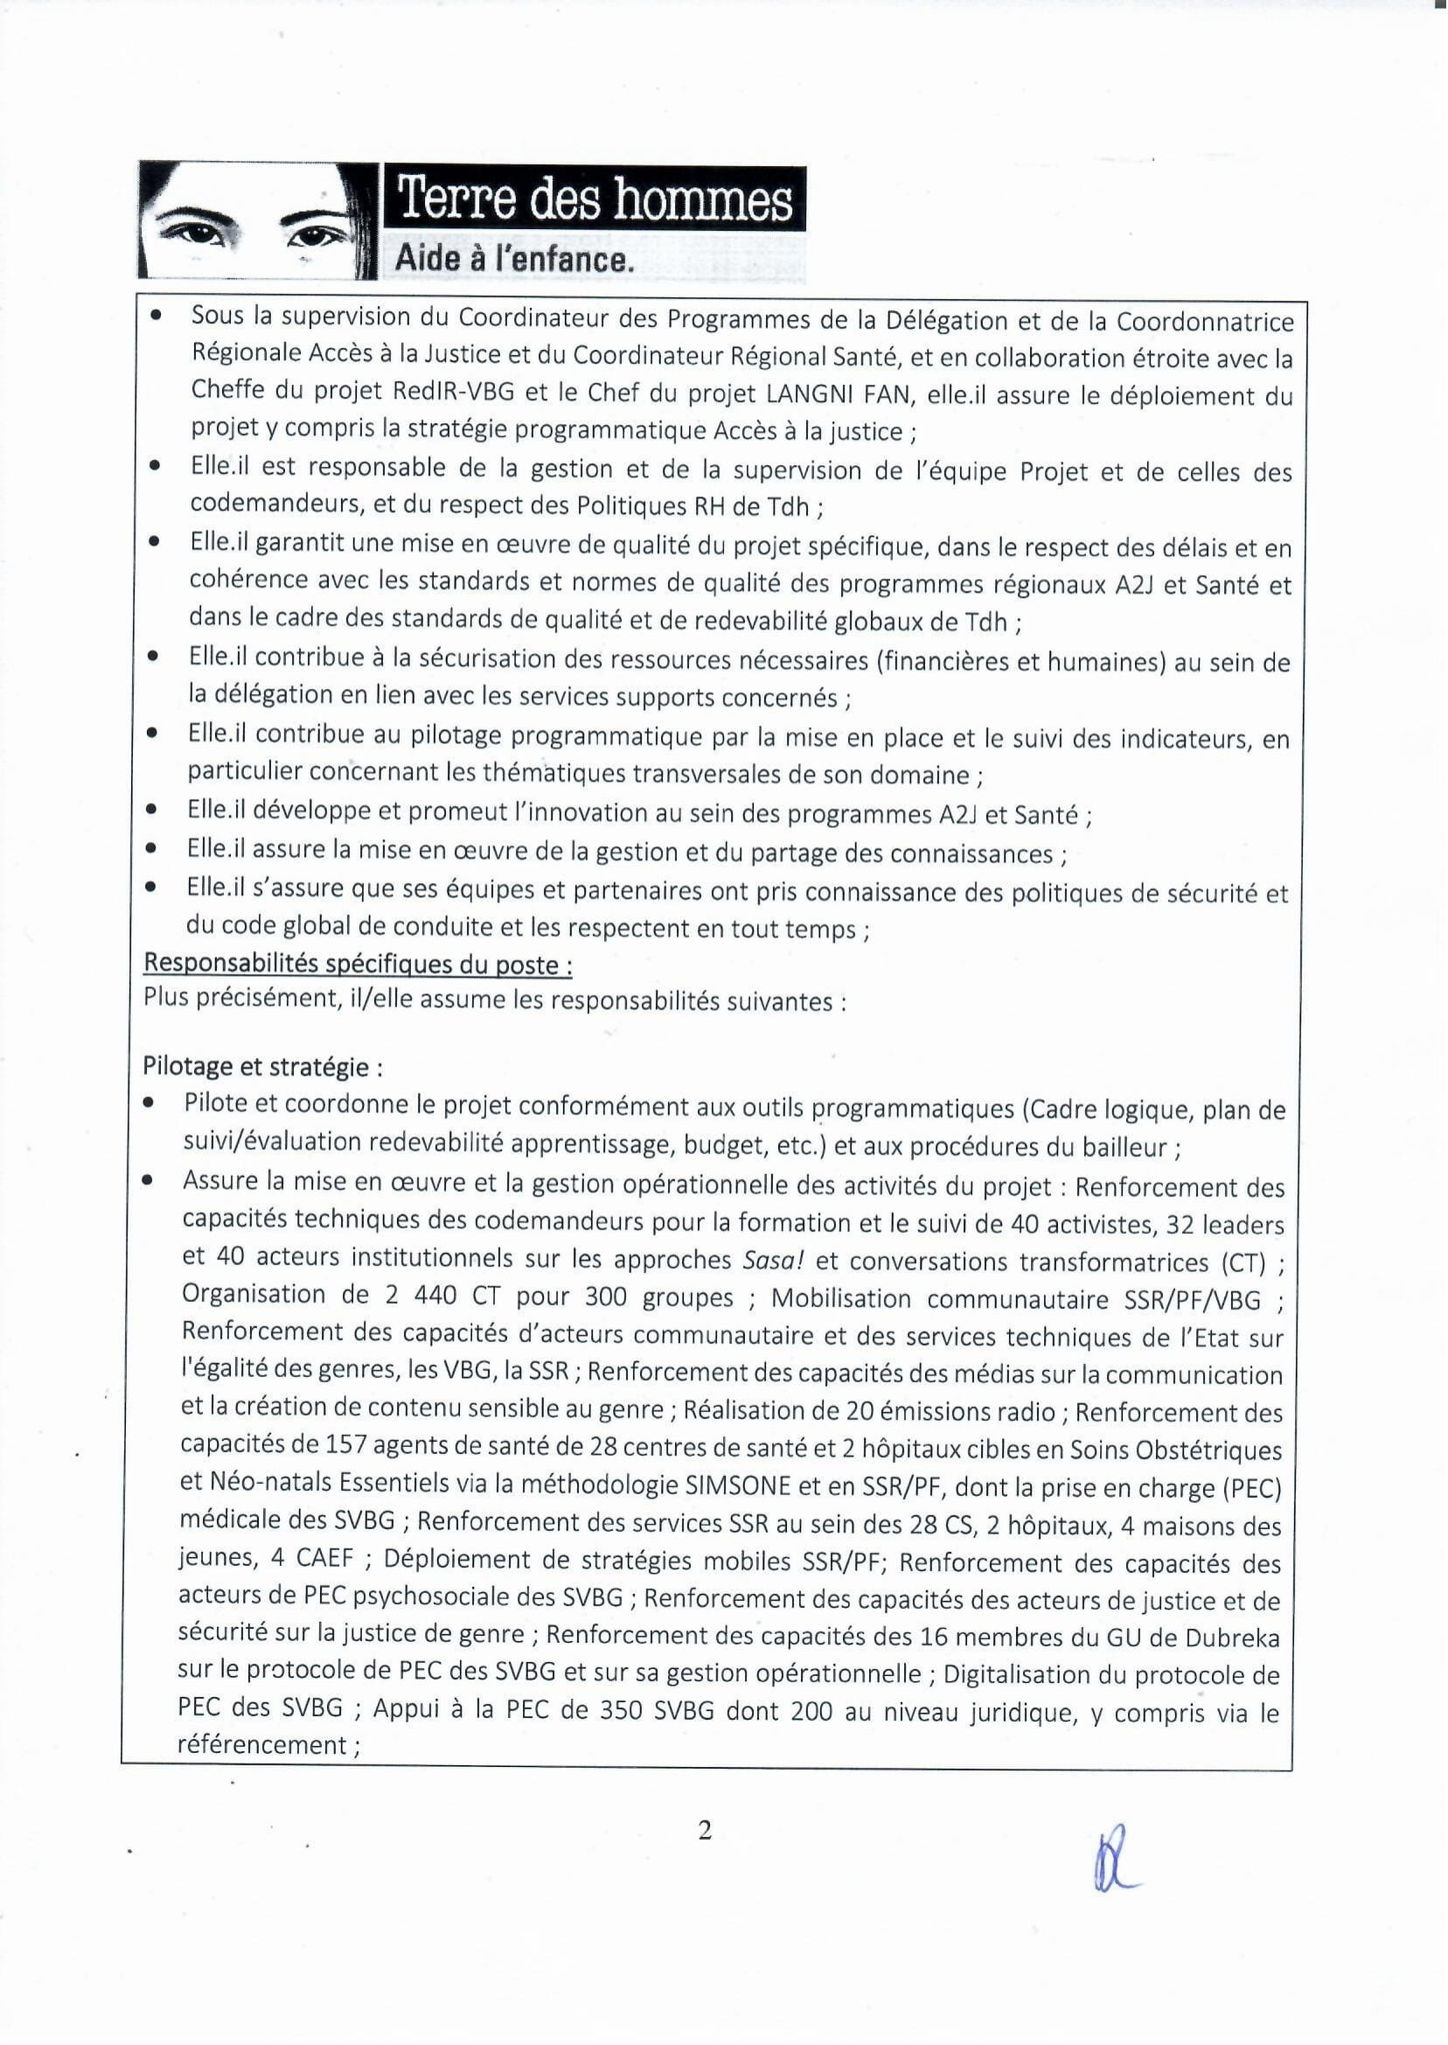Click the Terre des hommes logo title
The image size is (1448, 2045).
(x=595, y=198)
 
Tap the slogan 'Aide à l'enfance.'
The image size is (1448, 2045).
(x=514, y=260)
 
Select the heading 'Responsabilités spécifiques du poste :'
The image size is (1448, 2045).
(x=359, y=963)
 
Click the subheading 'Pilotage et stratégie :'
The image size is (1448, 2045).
(x=263, y=1066)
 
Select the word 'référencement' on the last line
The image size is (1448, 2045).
(x=263, y=1744)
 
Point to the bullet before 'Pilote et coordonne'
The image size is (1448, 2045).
(x=150, y=1103)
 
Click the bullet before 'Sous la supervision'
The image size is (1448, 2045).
(x=157, y=316)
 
